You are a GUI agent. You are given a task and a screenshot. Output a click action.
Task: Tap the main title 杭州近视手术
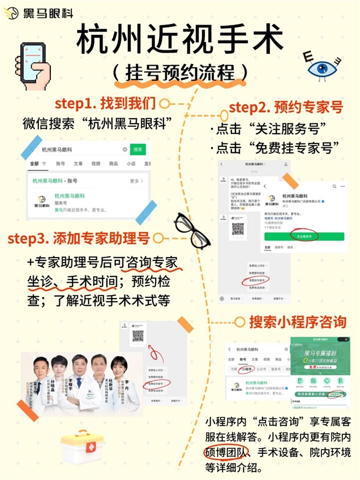pyautogui.click(x=179, y=40)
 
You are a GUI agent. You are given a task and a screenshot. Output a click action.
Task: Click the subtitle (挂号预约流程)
pyautogui.click(x=180, y=73)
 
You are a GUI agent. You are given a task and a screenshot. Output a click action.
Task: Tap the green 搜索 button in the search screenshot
pyautogui.click(x=138, y=150)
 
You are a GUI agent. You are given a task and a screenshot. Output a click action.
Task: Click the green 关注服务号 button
pyautogui.click(x=304, y=236)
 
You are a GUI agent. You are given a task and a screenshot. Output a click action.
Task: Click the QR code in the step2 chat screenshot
pyautogui.click(x=238, y=228)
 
